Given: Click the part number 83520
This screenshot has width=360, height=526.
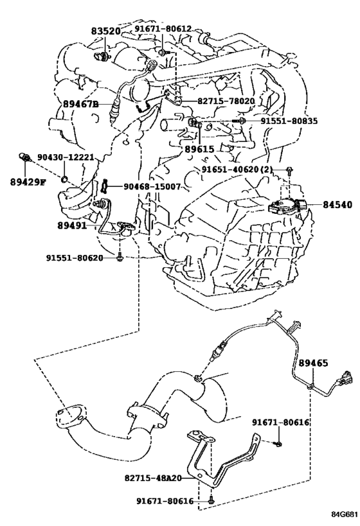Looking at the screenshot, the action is tap(105, 31).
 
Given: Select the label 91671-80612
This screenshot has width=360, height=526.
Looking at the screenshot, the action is tap(163, 29).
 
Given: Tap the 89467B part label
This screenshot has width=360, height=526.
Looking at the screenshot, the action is tap(80, 104).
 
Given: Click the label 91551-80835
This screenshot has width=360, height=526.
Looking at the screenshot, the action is tap(289, 121).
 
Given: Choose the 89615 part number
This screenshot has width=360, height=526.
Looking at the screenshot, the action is tap(199, 149).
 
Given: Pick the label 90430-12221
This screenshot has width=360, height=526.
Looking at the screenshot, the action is tap(65, 157).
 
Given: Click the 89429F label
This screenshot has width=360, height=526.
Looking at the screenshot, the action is tap(28, 182).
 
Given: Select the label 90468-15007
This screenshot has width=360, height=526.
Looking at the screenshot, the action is tap(152, 186).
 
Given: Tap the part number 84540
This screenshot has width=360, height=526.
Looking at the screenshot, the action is tap(337, 204).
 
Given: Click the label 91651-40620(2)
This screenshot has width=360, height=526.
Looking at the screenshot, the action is tap(237, 170).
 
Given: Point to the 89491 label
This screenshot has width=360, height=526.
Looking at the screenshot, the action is tap(72, 226).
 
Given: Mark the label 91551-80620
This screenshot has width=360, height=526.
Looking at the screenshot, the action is tap(75, 258).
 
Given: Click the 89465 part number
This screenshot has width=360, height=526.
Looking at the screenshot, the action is tap(313, 363).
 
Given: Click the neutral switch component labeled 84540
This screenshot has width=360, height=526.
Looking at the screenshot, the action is tap(288, 206).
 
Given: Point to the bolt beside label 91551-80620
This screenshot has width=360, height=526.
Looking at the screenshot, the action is tap(119, 258).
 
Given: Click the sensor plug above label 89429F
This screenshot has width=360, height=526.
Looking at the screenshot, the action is tap(25, 157).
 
